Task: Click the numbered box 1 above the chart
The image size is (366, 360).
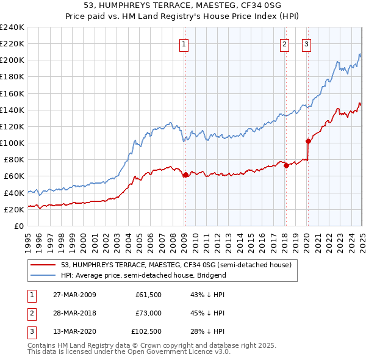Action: pos(184,43)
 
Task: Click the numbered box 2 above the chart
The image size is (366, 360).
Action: pos(285,43)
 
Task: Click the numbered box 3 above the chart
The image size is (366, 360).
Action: pos(306,43)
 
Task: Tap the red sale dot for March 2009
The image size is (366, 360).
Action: pos(185,175)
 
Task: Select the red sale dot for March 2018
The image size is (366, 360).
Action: pos(285,165)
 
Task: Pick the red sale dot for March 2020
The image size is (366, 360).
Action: pos(308,141)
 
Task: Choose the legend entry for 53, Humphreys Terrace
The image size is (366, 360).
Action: pos(176,265)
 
